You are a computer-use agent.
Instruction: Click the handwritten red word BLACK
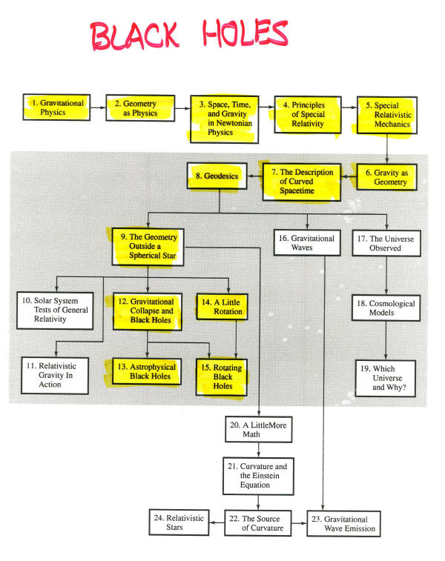134,35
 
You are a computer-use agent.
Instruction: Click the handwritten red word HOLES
245,33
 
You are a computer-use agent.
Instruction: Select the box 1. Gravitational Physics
56,107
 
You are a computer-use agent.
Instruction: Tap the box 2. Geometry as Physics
140,108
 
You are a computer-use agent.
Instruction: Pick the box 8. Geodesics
217,176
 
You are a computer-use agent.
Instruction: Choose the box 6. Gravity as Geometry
386,177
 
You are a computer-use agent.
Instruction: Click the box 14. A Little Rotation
222,307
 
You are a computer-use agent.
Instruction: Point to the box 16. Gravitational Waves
307,242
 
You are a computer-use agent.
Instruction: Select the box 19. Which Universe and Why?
386,378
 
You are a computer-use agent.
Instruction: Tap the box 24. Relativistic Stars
179,522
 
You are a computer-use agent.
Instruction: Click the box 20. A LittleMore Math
259,429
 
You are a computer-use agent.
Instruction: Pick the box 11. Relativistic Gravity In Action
55,375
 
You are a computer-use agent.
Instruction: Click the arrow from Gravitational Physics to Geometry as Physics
98,107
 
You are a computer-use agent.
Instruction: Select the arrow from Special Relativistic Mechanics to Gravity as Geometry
386,149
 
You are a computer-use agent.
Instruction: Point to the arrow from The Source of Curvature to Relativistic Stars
217,522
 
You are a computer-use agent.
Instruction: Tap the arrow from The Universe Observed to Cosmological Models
386,276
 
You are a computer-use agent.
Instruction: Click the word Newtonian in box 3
234,123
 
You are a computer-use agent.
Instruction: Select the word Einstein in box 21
265,476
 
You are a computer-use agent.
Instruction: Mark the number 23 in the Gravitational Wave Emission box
316,519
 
